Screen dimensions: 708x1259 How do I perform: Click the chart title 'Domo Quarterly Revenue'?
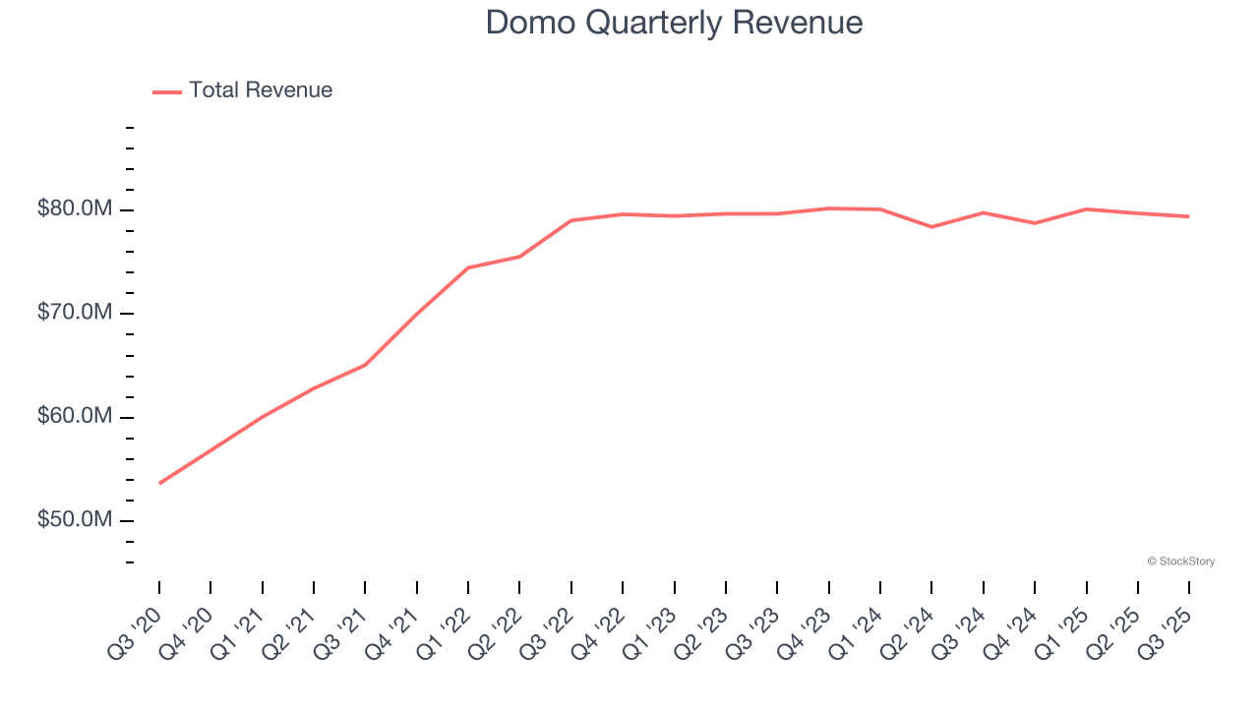pos(674,23)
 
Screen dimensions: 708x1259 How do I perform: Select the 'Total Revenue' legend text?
pos(261,90)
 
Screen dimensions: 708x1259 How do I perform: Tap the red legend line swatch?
pos(167,91)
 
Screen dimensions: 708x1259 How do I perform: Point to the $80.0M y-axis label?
pos(75,209)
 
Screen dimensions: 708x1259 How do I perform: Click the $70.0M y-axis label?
pos(75,313)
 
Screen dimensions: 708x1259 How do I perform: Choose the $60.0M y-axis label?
pos(75,417)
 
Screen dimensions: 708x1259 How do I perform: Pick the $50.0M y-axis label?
pos(75,519)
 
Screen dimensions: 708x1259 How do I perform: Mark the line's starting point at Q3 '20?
pos(159,483)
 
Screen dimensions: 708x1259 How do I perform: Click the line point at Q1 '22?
pos(468,267)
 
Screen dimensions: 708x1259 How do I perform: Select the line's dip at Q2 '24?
pos(931,227)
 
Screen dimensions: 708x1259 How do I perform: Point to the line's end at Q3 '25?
pos(1188,216)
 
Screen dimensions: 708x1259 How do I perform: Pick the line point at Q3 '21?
pos(365,365)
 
